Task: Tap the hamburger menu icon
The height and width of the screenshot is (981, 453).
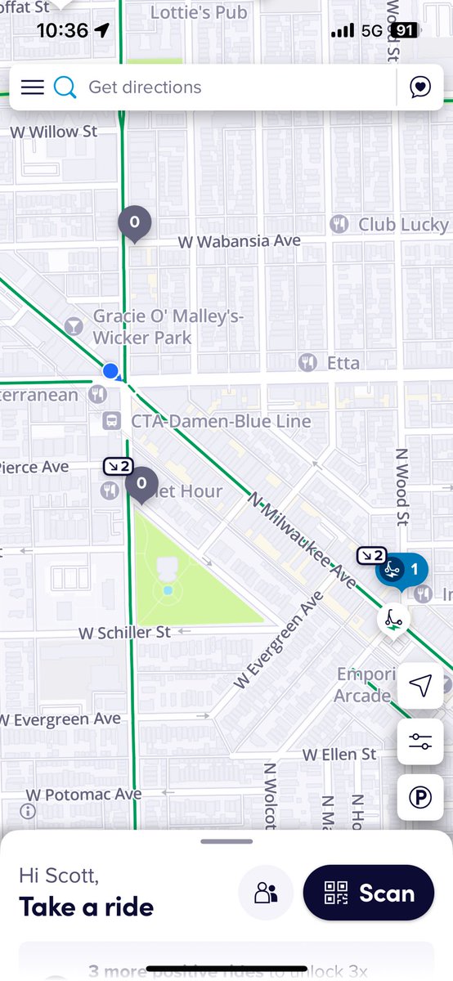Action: tap(32, 87)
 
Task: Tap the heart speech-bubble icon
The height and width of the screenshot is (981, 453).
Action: tap(420, 87)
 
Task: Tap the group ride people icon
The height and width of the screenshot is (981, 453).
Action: tap(266, 893)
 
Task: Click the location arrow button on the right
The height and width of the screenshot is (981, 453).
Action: tap(420, 686)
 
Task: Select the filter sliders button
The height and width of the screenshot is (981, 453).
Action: tap(420, 741)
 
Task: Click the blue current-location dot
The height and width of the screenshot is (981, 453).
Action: tap(111, 372)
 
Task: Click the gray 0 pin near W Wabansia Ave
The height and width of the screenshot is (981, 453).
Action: tap(135, 222)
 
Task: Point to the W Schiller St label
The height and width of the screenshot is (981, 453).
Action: tap(124, 633)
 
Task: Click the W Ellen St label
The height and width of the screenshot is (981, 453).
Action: tap(339, 754)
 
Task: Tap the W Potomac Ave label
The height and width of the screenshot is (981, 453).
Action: tap(83, 795)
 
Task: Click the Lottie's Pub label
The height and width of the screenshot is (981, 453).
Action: tap(199, 12)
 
